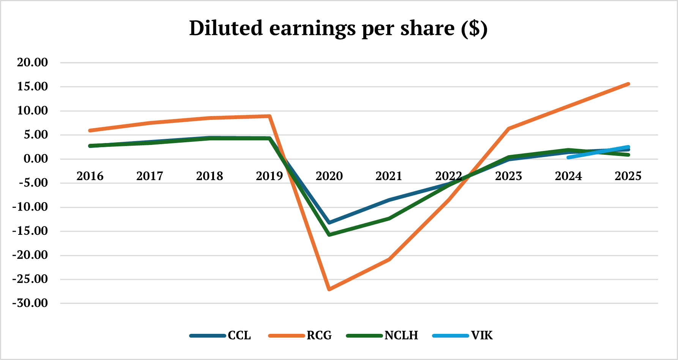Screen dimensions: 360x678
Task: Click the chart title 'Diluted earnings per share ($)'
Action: pyautogui.click(x=338, y=28)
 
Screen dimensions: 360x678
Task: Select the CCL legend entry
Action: pyautogui.click(x=239, y=335)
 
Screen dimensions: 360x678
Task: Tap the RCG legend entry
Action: pyautogui.click(x=319, y=335)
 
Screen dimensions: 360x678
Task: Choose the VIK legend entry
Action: pyautogui.click(x=481, y=335)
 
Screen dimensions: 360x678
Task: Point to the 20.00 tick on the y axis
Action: pyautogui.click(x=32, y=63)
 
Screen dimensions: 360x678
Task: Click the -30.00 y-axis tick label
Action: pyautogui.click(x=30, y=303)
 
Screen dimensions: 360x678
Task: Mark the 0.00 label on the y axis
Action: pyautogui.click(x=36, y=159)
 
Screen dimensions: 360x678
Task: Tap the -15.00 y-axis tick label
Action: pyautogui.click(x=30, y=231)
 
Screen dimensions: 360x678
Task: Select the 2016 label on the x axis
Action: pyautogui.click(x=90, y=176)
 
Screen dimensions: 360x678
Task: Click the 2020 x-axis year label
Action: pyautogui.click(x=329, y=176)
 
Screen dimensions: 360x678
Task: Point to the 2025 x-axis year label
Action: pyautogui.click(x=628, y=176)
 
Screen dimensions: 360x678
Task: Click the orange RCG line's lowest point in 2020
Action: pyautogui.click(x=329, y=289)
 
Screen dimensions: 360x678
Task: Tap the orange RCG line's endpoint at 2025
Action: pyautogui.click(x=628, y=84)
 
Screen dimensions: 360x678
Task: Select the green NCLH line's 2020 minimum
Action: pyautogui.click(x=329, y=235)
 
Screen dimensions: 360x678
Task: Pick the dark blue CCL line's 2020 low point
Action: pyautogui.click(x=329, y=222)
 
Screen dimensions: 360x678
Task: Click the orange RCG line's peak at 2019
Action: pyautogui.click(x=269, y=116)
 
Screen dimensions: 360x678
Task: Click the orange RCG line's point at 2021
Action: pyautogui.click(x=389, y=259)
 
